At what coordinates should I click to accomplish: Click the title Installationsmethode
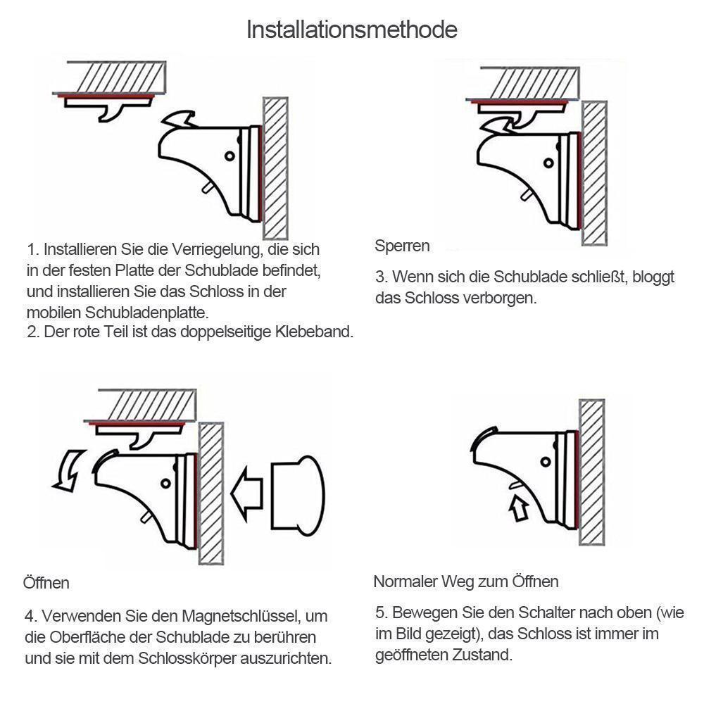coord(352,30)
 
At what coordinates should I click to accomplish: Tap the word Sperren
coord(402,246)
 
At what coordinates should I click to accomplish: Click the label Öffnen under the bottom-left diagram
coord(46,583)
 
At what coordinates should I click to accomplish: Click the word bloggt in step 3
coord(653,277)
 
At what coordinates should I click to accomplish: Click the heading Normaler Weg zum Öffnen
coord(466,582)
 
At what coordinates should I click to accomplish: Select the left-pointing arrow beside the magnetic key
coord(246,494)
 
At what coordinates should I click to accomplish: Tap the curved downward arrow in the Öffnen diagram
coord(68,471)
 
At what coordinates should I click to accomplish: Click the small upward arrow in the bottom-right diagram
coord(519,508)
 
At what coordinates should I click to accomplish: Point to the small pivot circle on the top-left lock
coord(230,156)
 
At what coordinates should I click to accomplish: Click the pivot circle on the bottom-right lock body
coord(546,462)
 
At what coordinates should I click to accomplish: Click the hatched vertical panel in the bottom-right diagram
coord(592,472)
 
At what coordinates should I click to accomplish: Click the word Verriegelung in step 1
coord(218,250)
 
